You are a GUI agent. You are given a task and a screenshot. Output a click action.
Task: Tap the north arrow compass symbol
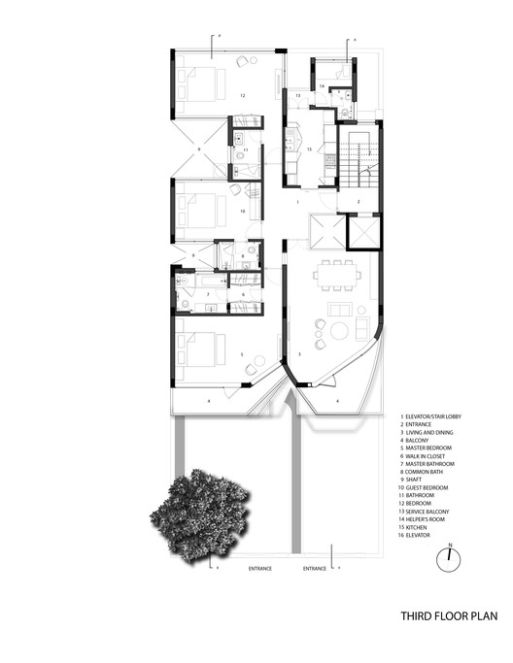tap(450, 557)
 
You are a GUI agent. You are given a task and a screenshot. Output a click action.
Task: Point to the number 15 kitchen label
tap(308, 150)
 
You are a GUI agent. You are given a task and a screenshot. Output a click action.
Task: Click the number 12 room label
tap(243, 95)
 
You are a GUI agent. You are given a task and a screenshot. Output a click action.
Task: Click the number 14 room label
tap(321, 86)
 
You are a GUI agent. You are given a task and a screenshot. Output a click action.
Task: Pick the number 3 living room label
tap(299, 355)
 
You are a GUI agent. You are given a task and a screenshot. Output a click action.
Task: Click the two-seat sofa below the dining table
tap(339, 309)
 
